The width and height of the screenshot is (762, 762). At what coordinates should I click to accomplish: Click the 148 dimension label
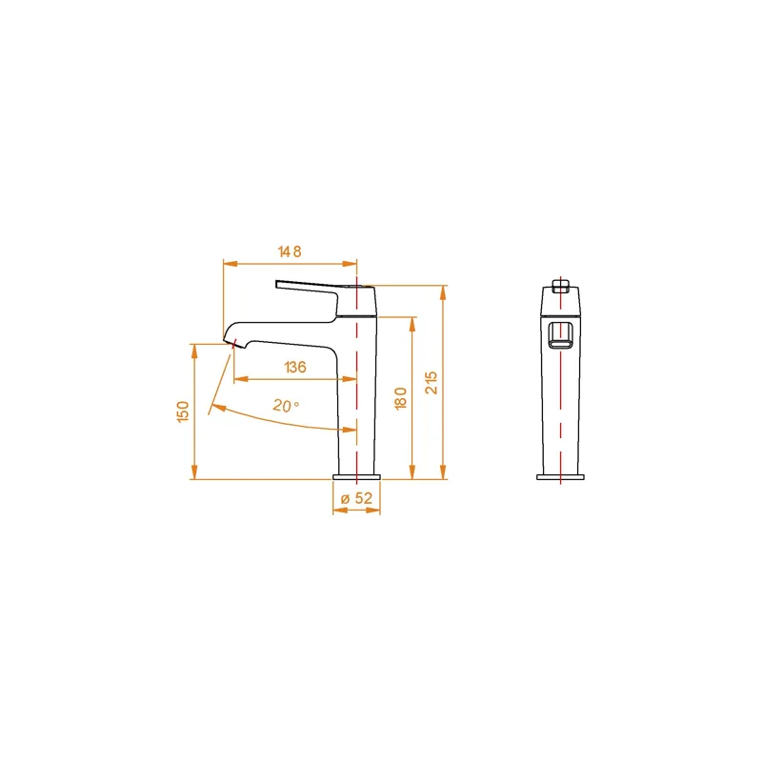pos(290,252)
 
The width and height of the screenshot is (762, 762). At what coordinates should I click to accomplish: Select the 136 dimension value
pos(294,367)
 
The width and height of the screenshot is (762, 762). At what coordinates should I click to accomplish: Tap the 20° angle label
pos(285,405)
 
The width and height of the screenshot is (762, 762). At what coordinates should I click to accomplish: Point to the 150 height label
pos(183,411)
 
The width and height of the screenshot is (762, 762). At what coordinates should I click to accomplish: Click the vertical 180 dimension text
pos(401,398)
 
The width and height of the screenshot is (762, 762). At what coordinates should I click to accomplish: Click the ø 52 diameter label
pos(356,498)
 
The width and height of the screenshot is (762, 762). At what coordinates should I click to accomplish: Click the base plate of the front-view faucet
pos(561,477)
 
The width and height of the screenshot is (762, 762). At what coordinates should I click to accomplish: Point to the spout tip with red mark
pos(231,342)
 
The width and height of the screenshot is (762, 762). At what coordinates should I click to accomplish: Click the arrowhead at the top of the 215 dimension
pos(443,290)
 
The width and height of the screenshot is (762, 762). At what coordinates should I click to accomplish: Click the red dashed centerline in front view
pos(561,400)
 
